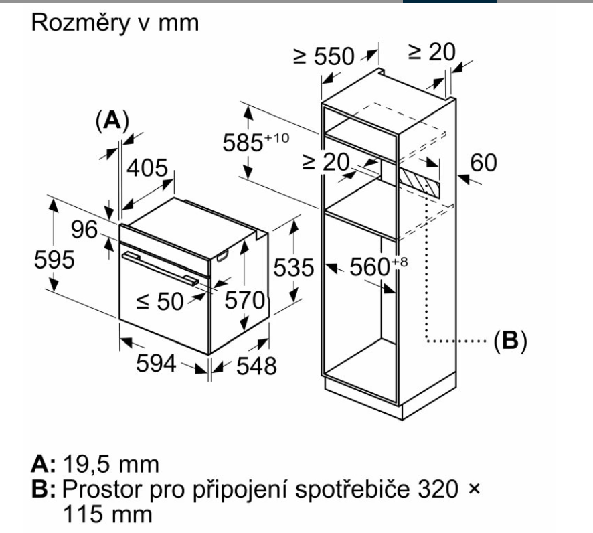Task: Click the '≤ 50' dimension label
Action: coord(161,302)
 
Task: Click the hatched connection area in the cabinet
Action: coord(420,179)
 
